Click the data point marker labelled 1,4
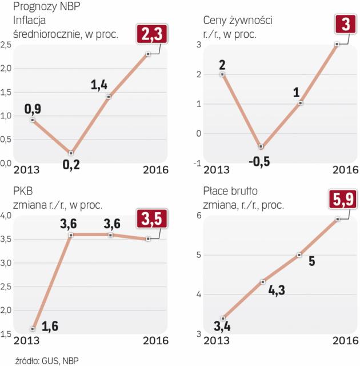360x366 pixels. pyautogui.click(x=109, y=97)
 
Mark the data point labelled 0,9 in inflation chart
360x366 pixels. pyautogui.click(x=33, y=120)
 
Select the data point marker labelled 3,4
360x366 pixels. pyautogui.click(x=223, y=318)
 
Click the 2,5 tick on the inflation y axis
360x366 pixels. pyautogui.click(x=7, y=45)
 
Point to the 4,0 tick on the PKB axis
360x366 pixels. pyautogui.click(x=7, y=216)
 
